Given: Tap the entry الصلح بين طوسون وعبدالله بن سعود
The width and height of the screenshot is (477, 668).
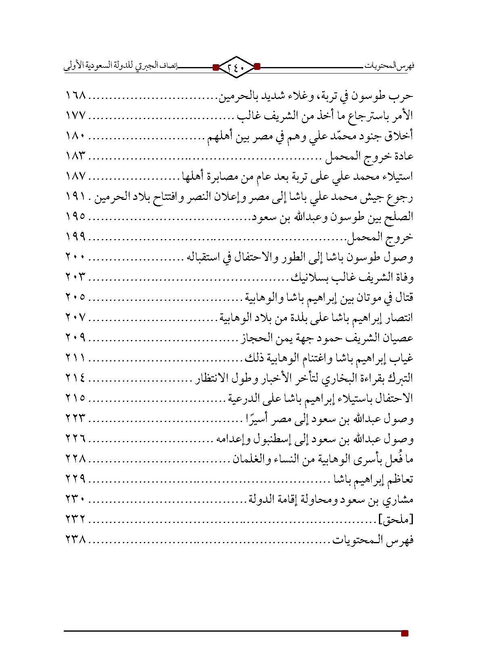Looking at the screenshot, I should [332, 217].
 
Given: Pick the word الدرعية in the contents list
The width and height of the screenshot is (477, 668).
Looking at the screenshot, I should [242, 399].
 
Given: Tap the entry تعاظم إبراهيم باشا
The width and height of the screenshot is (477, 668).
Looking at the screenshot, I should [372, 480].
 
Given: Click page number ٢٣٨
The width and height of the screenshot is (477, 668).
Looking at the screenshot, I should [75, 540].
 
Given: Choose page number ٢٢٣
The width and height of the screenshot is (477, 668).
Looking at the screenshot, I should [75, 419].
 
